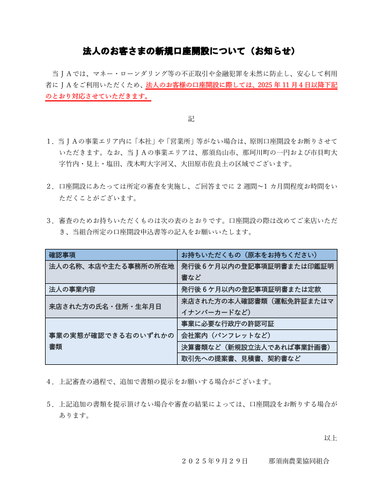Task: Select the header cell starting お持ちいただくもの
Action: [x=249, y=255]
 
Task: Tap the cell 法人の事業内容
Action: [x=72, y=289]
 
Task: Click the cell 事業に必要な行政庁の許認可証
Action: [x=228, y=324]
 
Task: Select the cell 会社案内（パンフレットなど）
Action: [x=226, y=335]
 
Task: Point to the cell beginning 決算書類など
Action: [x=255, y=347]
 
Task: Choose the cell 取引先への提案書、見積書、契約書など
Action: [x=241, y=358]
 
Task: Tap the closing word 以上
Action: [x=330, y=438]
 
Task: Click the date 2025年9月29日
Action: [x=215, y=461]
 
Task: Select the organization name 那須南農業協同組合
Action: [x=299, y=461]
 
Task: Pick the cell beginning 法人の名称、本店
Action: [x=111, y=266]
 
